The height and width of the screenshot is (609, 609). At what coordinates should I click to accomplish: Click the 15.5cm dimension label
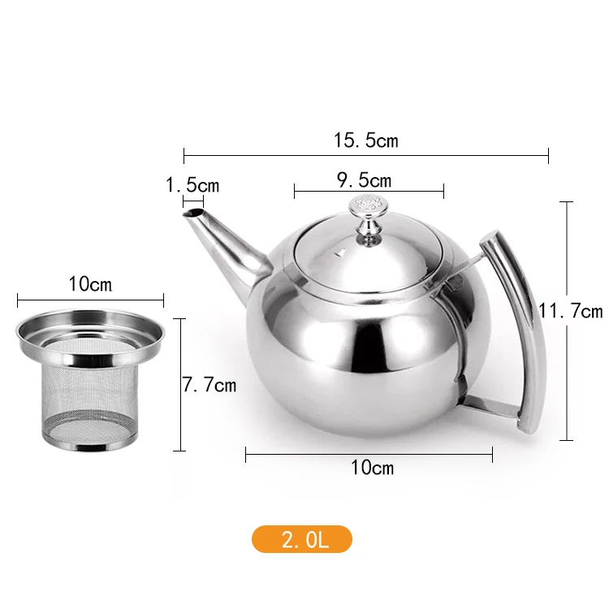click(366, 140)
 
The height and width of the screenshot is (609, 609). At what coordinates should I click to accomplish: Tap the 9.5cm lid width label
click(364, 180)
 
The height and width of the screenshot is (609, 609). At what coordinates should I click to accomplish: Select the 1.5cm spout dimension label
click(192, 185)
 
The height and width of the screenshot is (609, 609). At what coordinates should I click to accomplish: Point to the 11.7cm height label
click(571, 311)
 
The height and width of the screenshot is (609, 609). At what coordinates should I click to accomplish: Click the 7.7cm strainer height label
click(209, 385)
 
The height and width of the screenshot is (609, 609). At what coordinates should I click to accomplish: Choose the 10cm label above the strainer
click(90, 284)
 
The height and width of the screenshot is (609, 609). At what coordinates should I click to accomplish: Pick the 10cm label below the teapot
click(372, 467)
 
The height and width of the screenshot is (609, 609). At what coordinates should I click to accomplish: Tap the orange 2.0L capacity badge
click(302, 539)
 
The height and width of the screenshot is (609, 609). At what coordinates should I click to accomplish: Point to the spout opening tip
click(194, 214)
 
